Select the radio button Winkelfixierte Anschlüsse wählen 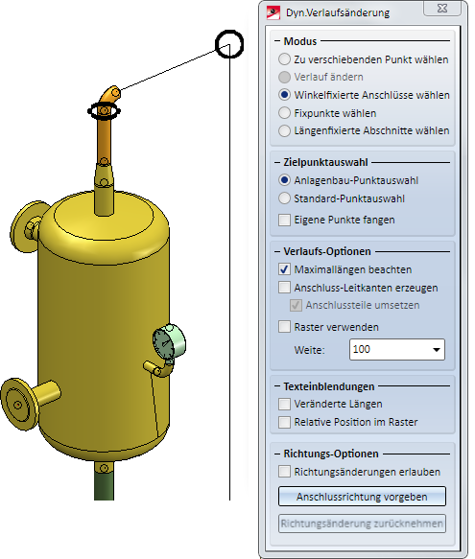coord(284,95)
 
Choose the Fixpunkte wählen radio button coord(284,112)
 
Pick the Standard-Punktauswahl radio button coord(284,198)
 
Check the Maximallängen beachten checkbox coord(284,269)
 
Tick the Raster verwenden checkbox coord(284,327)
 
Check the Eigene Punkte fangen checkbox coord(284,220)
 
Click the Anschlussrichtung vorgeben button coord(362,497)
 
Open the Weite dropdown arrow coord(436,349)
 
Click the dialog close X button coord(442,8)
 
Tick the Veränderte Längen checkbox coord(284,404)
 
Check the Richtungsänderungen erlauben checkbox coord(284,472)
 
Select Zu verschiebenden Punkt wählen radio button coord(284,58)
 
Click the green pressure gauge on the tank coord(169,342)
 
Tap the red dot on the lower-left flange coord(18,405)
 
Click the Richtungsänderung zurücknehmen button coord(362,524)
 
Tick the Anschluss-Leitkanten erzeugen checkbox coord(284,287)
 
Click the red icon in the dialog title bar coord(273,12)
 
